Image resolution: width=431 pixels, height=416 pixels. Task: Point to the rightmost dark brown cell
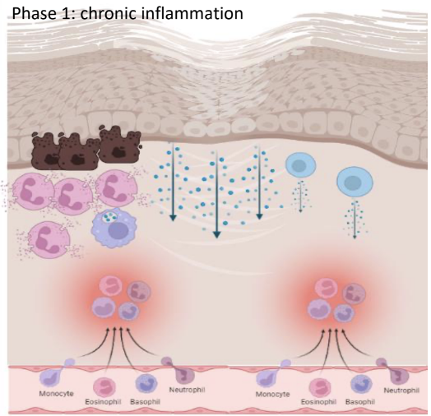tap(116, 145)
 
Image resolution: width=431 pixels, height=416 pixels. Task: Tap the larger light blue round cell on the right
tap(354, 182)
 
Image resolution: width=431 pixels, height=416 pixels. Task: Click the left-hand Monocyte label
tap(56, 395)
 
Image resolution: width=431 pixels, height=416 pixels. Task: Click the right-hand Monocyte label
tap(271, 395)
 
